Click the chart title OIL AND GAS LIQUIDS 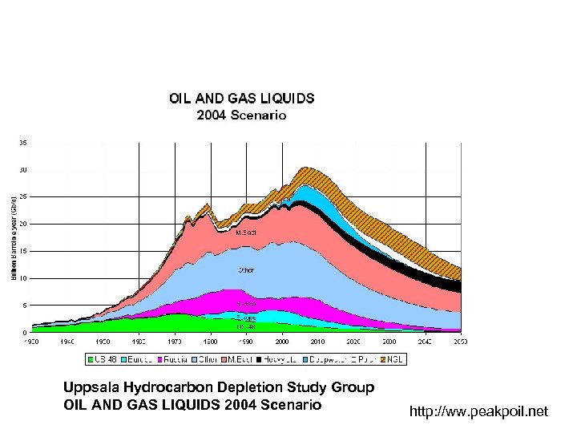coord(241,99)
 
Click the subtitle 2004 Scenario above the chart coord(241,115)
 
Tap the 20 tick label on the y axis coord(23,224)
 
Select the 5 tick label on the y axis coord(25,306)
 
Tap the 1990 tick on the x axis coord(246,340)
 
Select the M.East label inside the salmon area coord(246,232)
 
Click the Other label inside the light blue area coord(246,270)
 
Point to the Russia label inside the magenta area coord(246,305)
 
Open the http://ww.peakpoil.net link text coord(478,411)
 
